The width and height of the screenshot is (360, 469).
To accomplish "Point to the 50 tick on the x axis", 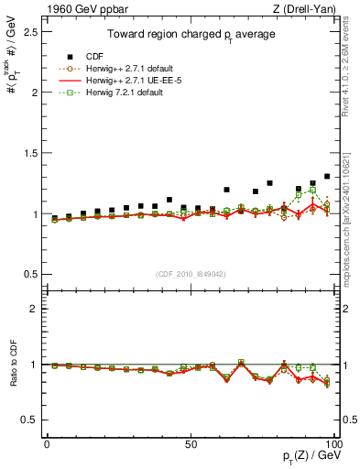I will (x=191, y=444).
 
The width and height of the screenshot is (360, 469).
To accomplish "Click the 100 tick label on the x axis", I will (x=333, y=444).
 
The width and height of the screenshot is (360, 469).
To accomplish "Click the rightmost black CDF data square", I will (x=327, y=176).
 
